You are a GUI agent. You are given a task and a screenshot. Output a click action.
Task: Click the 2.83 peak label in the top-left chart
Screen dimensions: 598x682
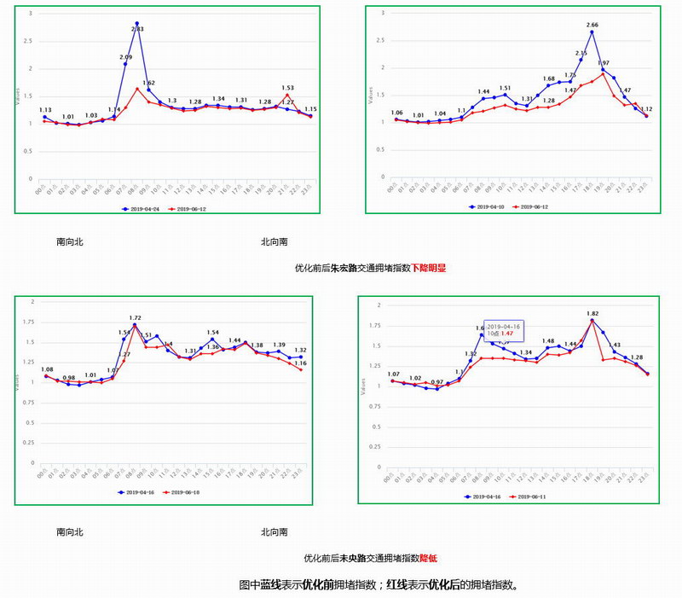pyautogui.click(x=137, y=30)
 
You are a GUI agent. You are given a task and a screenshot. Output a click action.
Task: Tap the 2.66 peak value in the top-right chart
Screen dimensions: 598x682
pyautogui.click(x=592, y=26)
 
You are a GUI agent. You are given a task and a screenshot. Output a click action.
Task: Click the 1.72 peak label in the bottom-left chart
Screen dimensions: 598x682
pyautogui.click(x=135, y=318)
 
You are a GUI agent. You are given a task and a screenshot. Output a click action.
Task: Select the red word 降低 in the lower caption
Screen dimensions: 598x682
pyautogui.click(x=428, y=559)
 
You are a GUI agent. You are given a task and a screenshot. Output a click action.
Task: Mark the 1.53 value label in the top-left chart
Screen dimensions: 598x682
pyautogui.click(x=287, y=88)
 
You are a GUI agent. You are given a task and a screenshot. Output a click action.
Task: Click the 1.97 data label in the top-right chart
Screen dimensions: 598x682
pyautogui.click(x=604, y=63)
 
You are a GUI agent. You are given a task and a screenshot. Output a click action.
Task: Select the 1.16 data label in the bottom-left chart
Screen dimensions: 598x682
pyautogui.click(x=300, y=363)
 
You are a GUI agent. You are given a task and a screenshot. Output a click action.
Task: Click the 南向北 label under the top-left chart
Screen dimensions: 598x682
pyautogui.click(x=70, y=242)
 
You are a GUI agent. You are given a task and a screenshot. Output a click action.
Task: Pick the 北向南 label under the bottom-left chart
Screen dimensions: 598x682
pyautogui.click(x=275, y=532)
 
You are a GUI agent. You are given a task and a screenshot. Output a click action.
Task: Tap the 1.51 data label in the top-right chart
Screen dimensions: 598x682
pyautogui.click(x=505, y=88)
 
